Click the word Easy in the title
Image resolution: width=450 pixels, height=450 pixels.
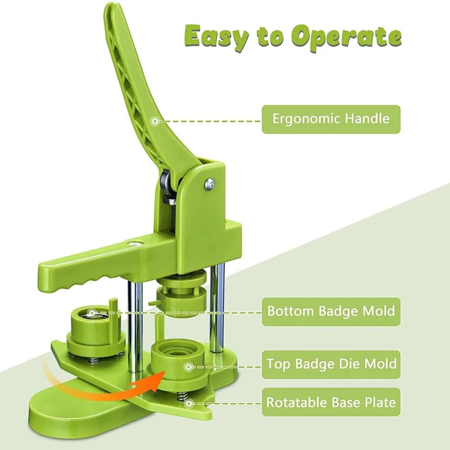(216, 37)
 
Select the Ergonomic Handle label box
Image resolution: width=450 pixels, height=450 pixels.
(331, 119)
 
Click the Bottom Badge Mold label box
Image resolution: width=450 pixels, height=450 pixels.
(331, 311)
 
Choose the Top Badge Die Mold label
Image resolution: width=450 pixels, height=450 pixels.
(331, 364)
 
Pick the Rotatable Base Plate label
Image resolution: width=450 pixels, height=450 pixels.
(331, 402)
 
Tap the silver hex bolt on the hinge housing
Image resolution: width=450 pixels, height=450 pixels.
(210, 183)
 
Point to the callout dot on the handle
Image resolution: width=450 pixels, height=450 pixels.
(155, 121)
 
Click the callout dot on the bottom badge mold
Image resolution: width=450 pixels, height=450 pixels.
(92, 313)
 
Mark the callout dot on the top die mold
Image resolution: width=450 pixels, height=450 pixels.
(188, 366)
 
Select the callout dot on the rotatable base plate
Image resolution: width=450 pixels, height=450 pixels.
(188, 404)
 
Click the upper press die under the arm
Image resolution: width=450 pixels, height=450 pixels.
(182, 296)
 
